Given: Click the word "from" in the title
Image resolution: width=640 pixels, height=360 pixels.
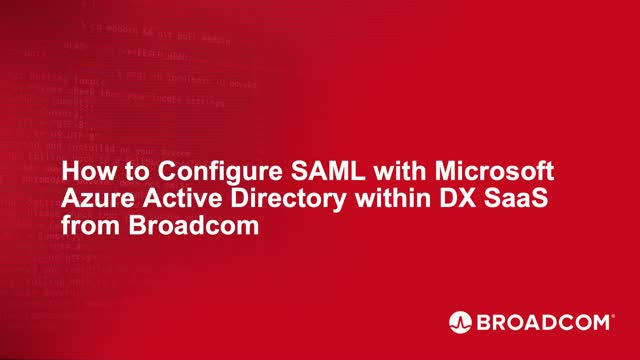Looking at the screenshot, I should (x=87, y=225).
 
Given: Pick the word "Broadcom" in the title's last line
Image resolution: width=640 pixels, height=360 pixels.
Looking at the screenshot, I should (x=189, y=225).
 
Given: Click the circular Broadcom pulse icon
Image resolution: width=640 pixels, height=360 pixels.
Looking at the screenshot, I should (x=460, y=322).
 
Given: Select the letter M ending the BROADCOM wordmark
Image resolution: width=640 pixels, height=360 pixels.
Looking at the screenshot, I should (x=603, y=322).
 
